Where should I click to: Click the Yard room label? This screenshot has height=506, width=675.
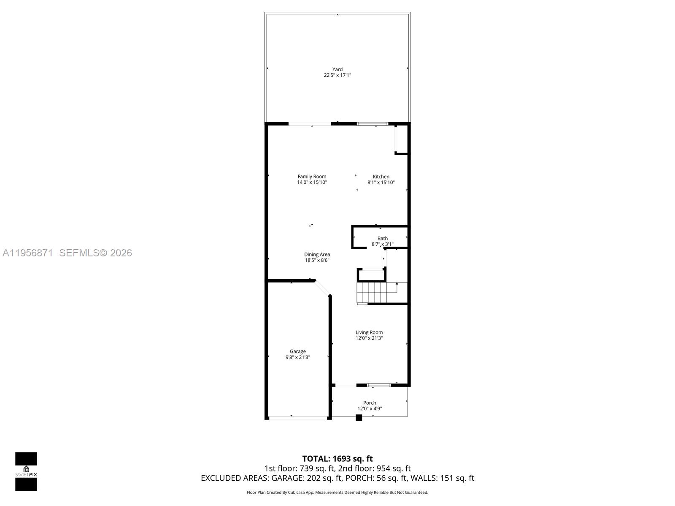click(337, 70)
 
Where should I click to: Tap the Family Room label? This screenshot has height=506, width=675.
click(312, 177)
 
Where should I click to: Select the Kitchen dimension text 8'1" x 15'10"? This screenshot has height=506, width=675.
click(381, 183)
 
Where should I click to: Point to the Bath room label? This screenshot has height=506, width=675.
click(383, 238)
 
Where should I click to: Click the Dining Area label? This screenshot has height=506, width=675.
click(317, 254)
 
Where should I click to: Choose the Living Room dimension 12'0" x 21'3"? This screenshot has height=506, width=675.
click(369, 338)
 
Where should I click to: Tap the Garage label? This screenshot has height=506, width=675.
click(298, 351)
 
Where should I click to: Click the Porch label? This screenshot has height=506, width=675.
click(370, 403)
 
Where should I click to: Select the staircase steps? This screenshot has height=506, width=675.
click(372, 293)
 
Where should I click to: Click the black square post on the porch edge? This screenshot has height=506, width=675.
click(359, 418)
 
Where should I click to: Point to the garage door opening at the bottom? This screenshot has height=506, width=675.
click(298, 418)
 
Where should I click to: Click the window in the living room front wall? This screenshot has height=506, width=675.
click(378, 385)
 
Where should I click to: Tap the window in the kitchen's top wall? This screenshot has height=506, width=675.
click(372, 124)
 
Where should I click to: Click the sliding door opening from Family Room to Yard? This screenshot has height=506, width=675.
click(310, 124)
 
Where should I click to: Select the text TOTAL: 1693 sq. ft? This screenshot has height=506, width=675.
click(337, 458)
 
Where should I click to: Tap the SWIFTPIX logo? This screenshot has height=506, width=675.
click(26, 471)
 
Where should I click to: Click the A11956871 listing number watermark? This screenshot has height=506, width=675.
click(28, 253)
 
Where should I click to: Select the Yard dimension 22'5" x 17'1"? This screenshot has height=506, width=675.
click(337, 75)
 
